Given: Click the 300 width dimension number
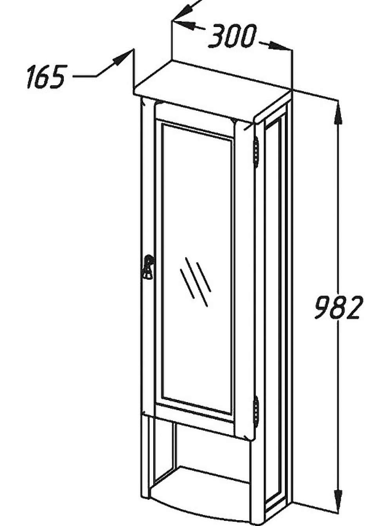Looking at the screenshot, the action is tap(232, 36).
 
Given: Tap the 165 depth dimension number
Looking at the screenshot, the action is tap(45, 77).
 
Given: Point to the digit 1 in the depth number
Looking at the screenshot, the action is tap(31, 77).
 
